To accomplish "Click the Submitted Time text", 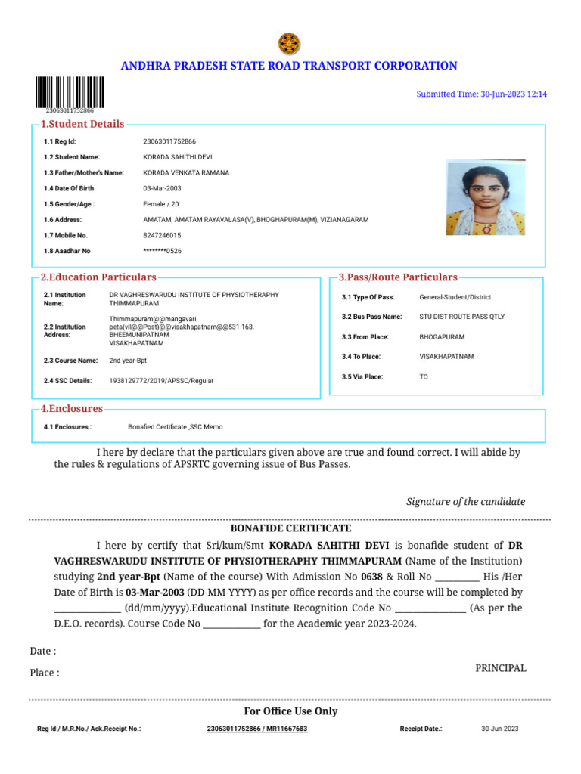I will (481, 94).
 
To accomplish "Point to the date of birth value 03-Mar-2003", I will (162, 188).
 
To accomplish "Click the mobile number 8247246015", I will (162, 235).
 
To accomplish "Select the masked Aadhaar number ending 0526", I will (162, 251).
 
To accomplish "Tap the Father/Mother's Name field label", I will (83, 173).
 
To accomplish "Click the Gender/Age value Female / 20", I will (161, 204).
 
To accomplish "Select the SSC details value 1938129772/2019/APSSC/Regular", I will (161, 381).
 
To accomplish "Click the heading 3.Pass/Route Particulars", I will (398, 277).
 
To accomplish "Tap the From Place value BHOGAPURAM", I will (442, 337).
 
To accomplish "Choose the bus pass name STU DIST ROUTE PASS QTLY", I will (461, 317).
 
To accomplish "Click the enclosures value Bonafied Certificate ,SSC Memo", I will (175, 427).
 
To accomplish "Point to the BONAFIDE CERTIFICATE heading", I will (290, 528).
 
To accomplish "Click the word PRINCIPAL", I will (500, 668).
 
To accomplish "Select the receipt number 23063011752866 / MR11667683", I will (257, 729).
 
